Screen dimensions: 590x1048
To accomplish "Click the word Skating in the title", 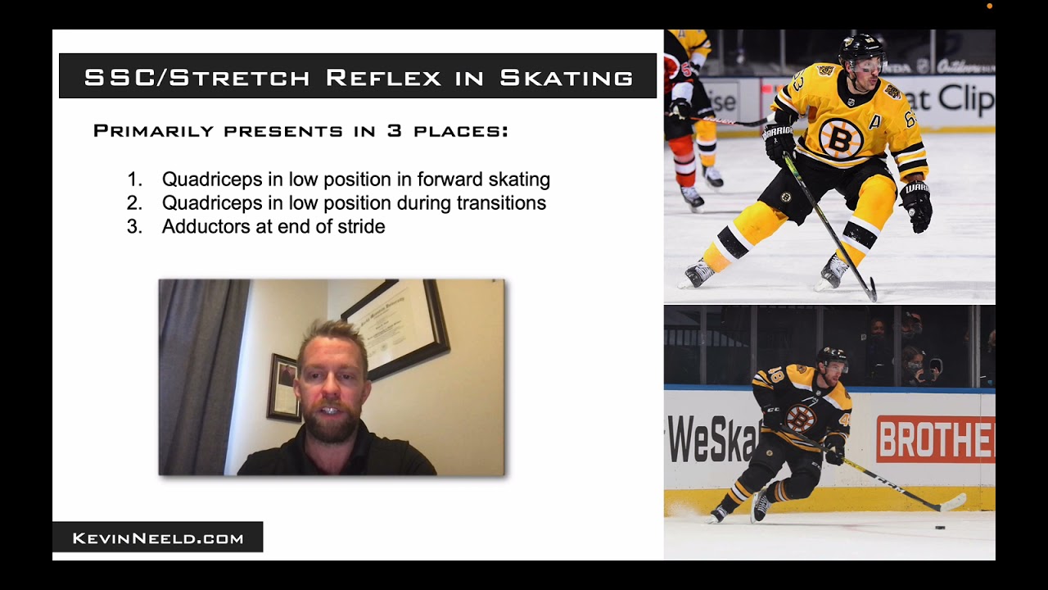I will point(567,78).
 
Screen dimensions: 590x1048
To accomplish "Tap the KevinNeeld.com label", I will point(158,538).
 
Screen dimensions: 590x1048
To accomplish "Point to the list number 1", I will point(134,179).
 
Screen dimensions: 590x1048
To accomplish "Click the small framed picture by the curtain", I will point(283,388).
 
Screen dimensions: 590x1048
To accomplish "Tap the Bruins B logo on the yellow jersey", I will point(840,137).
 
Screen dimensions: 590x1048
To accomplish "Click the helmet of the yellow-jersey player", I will point(861,51).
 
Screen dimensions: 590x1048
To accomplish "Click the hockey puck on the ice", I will point(940,528).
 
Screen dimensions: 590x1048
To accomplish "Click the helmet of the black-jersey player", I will point(832,356).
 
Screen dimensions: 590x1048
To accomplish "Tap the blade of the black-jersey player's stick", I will point(950,501).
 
